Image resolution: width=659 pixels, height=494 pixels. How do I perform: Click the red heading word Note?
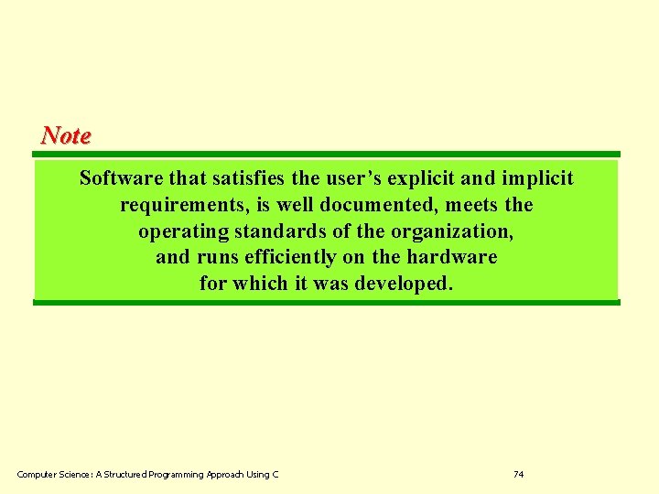click(x=66, y=135)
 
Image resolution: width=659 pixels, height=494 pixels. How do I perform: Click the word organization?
click(x=451, y=231)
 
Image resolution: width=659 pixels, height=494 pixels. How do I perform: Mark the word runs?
click(x=216, y=257)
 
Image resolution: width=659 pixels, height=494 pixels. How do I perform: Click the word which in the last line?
click(x=260, y=284)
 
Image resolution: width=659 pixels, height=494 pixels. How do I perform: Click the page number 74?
click(x=519, y=474)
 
